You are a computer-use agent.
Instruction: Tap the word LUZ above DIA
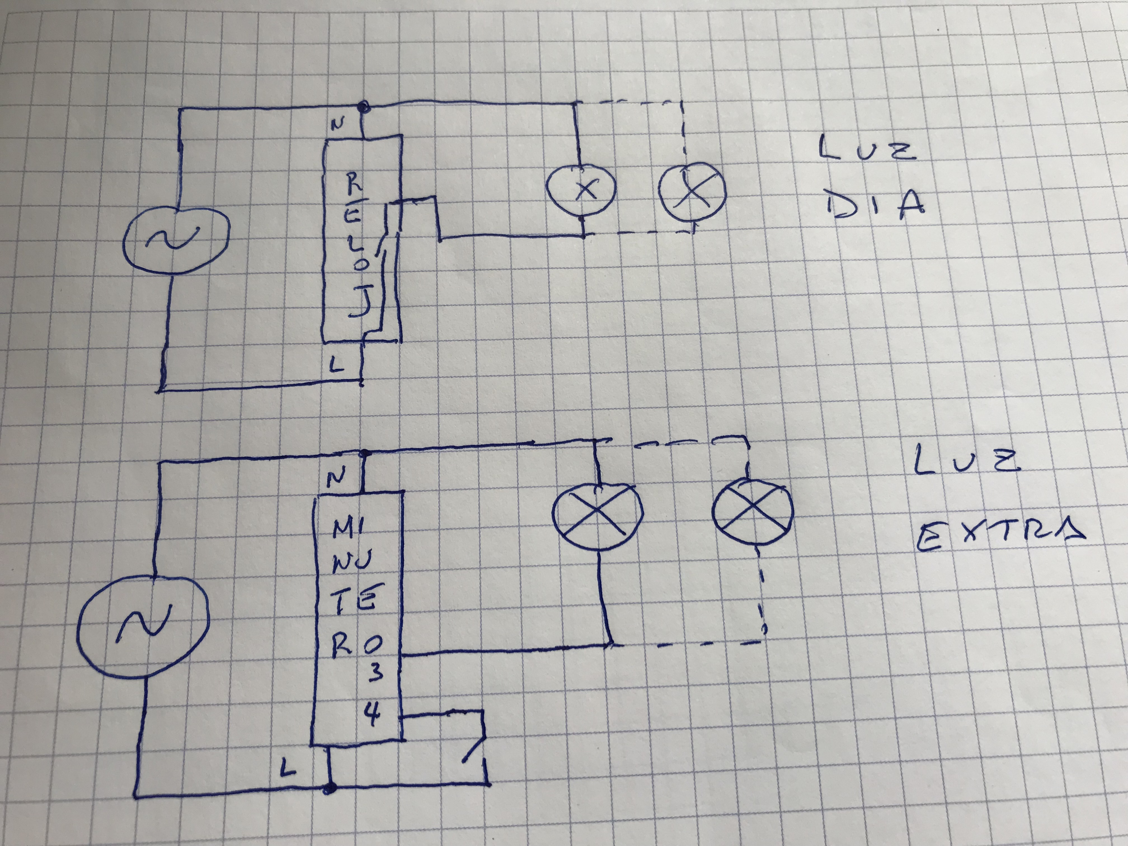867,148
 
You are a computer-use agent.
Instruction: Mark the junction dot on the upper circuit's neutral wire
363,107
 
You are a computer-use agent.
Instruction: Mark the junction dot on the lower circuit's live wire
330,789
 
